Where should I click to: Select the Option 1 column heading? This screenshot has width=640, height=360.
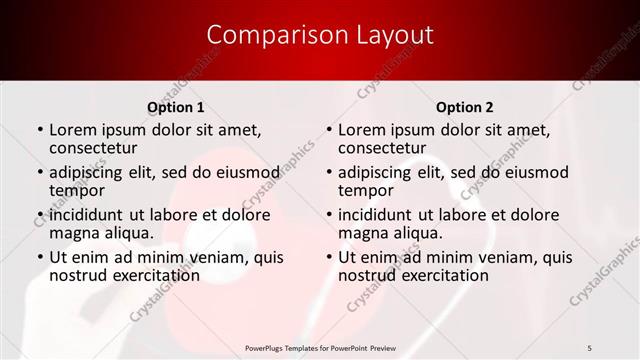click(x=176, y=107)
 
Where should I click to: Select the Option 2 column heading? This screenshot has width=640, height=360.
click(x=465, y=107)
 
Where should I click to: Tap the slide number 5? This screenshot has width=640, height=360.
click(x=589, y=347)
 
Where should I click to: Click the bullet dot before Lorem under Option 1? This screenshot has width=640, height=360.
click(x=40, y=130)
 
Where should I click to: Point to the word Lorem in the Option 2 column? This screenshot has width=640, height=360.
click(x=362, y=129)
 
